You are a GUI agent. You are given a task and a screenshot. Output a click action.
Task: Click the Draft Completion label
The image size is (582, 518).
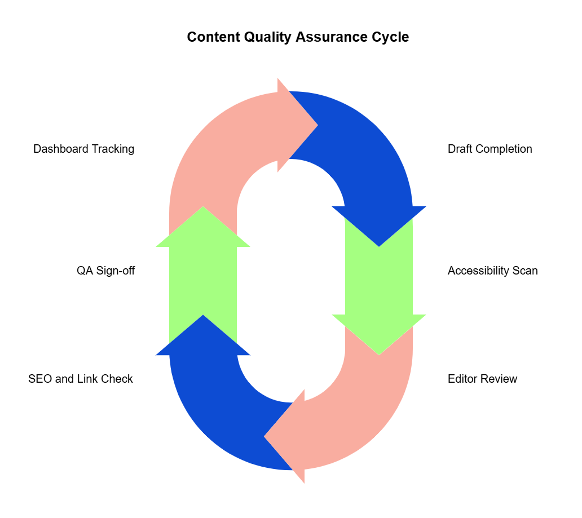point(490,149)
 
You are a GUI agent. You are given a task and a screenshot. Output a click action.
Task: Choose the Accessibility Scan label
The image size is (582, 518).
point(492,271)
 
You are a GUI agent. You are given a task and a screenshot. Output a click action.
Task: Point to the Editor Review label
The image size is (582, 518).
point(482,379)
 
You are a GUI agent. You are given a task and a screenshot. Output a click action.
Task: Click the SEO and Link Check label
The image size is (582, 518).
point(81,379)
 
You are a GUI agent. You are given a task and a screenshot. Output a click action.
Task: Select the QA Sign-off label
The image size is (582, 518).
point(105,271)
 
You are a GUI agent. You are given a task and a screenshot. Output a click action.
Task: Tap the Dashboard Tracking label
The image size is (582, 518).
point(83,149)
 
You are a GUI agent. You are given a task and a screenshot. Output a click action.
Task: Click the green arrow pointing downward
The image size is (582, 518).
point(379,282)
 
